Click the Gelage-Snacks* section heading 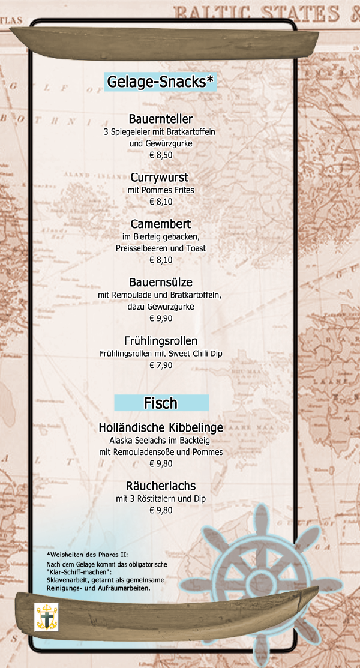point(160,82)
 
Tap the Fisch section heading point(161,403)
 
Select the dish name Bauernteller point(161,119)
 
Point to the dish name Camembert point(161,224)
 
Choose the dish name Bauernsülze point(161,282)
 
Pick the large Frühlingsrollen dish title point(161,340)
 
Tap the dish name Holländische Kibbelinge point(161,428)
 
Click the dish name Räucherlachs point(161,486)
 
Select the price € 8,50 point(161,155)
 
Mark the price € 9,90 point(161,318)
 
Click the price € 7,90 point(161,365)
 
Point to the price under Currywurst point(161,202)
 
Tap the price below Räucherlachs point(161,511)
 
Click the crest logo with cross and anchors point(46,616)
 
